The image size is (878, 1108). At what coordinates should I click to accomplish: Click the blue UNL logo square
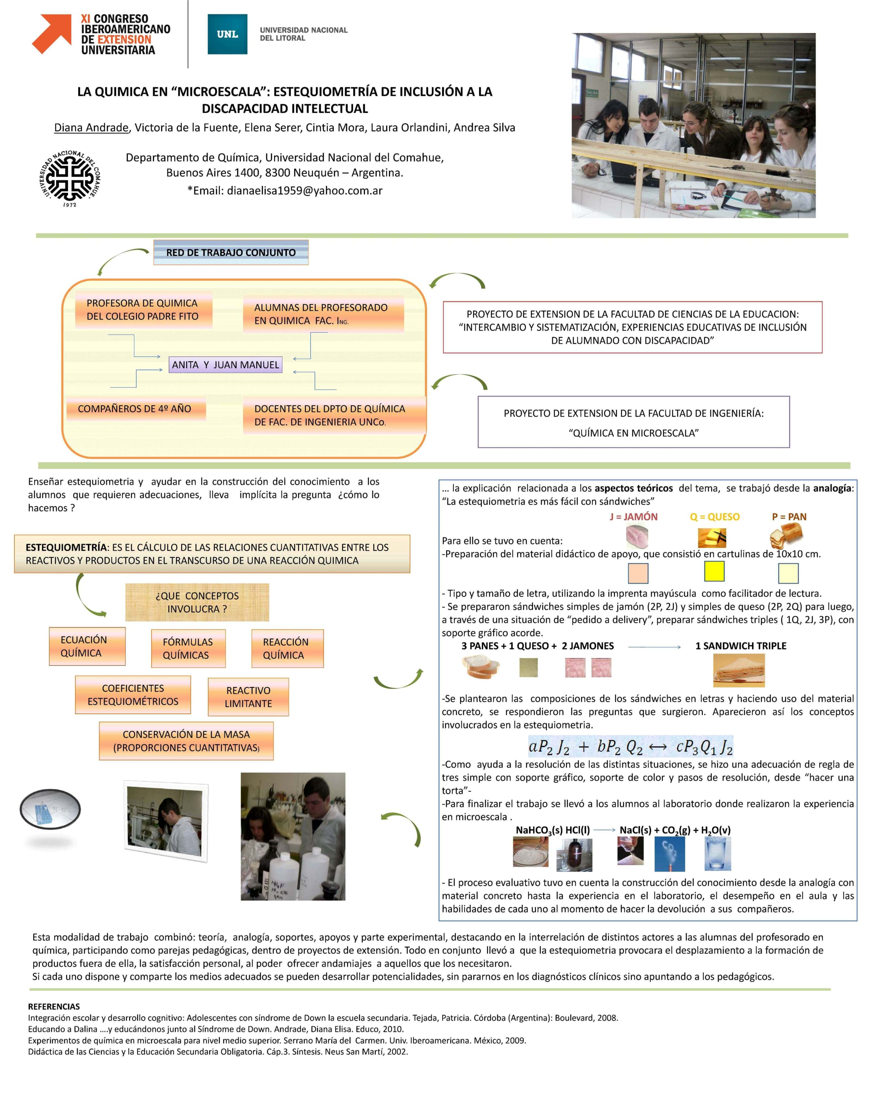tap(227, 34)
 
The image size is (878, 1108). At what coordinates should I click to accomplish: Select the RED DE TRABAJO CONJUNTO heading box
tap(231, 252)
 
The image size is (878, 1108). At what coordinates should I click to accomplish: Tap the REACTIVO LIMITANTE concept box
tap(248, 697)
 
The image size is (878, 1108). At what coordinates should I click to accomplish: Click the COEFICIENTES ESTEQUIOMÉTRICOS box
tap(133, 695)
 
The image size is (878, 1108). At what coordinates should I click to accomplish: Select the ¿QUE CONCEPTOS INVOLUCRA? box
tap(197, 602)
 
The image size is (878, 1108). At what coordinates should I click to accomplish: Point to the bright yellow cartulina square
tap(714, 571)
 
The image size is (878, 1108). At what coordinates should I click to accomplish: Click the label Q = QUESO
tap(714, 517)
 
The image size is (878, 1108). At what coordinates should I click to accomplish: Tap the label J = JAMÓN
tap(634, 517)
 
